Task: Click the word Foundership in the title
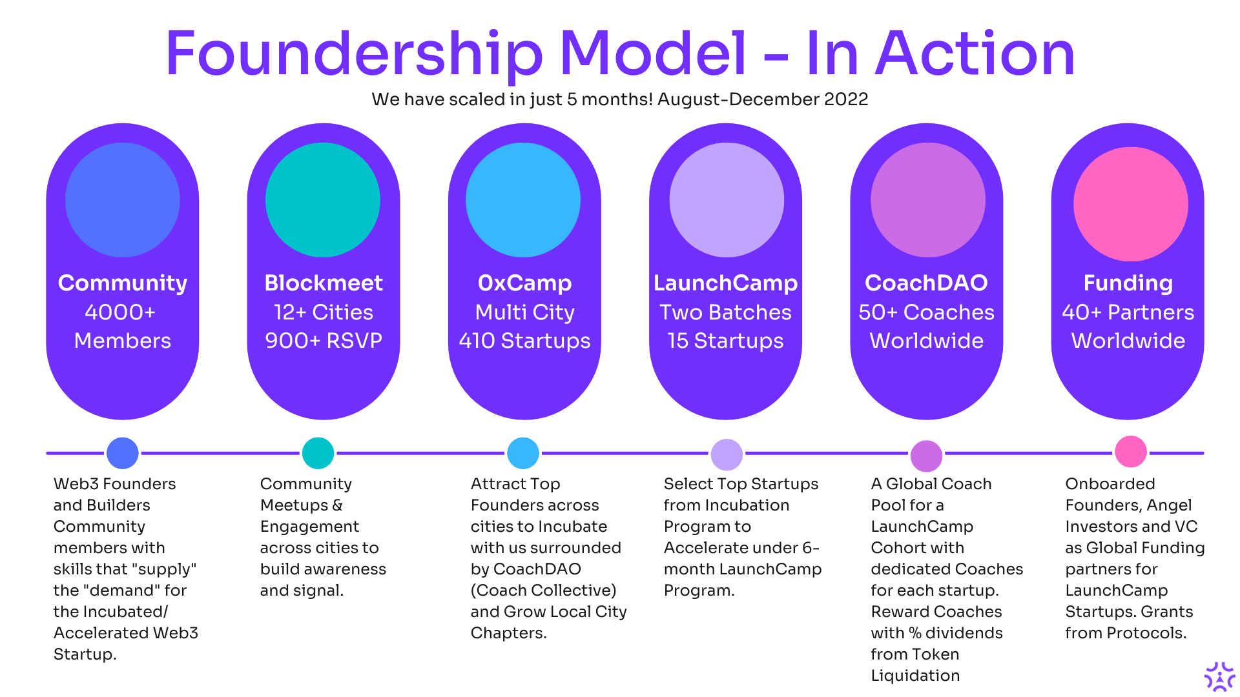[354, 54]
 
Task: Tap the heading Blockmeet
[324, 283]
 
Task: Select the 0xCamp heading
[524, 283]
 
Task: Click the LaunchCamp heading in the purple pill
[725, 283]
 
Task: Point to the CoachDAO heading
[926, 283]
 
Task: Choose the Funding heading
[1128, 283]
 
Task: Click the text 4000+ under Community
[120, 312]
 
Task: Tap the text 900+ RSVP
[324, 341]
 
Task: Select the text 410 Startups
[524, 341]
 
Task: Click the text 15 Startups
[725, 341]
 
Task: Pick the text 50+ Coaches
[926, 312]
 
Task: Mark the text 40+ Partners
[1128, 312]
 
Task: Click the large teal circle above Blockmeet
[323, 199]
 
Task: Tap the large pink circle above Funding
[1130, 204]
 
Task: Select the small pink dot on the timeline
[1130, 452]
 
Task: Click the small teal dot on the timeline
[318, 453]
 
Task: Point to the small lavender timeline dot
[727, 454]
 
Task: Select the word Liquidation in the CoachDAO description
[915, 676]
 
